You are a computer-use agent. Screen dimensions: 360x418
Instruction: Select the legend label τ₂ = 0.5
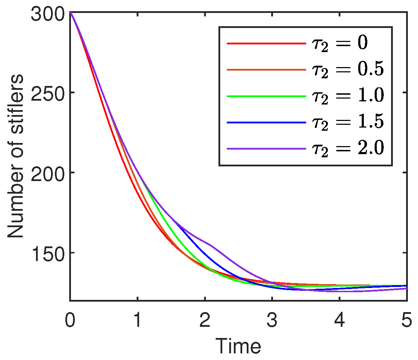(x=347, y=70)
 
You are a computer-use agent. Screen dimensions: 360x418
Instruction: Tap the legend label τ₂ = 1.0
(x=347, y=96)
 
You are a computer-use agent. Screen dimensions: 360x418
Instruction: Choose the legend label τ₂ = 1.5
(x=347, y=122)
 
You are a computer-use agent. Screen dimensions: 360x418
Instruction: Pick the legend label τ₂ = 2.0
(x=347, y=149)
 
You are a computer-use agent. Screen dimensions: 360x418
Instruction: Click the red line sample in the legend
(x=266, y=44)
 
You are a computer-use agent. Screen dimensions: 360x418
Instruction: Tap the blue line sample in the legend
(x=266, y=122)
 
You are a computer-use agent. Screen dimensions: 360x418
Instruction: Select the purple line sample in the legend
(x=266, y=149)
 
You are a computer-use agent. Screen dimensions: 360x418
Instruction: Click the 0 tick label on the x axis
(x=70, y=321)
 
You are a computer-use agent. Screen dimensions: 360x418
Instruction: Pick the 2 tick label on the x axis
(x=205, y=321)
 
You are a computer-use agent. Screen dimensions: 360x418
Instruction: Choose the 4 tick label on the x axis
(x=339, y=321)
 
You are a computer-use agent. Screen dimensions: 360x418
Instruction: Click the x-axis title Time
(x=238, y=346)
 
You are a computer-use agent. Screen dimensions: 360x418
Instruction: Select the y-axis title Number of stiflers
(x=16, y=156)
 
